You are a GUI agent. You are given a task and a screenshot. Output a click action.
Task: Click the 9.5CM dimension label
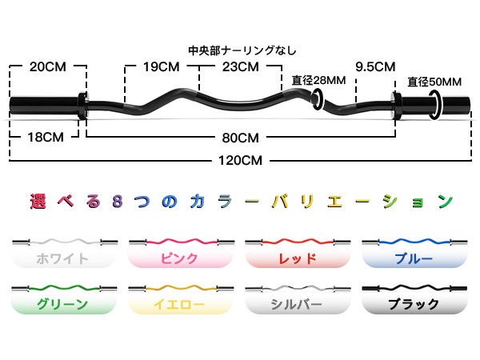point(375,66)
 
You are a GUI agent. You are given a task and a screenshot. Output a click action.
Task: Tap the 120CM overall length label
point(239,159)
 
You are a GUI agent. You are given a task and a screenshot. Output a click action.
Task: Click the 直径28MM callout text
point(319,80)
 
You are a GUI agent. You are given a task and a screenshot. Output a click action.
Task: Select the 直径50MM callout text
point(434,82)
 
